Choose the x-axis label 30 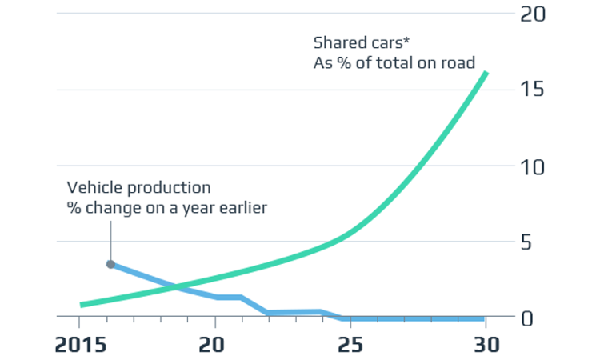click(x=486, y=345)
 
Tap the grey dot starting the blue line click(x=110, y=264)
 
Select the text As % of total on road click(x=394, y=62)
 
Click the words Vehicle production click(x=138, y=188)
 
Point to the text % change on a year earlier click(x=166, y=207)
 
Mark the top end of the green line click(x=486, y=74)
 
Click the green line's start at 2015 click(x=82, y=304)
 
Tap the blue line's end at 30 click(x=484, y=318)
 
